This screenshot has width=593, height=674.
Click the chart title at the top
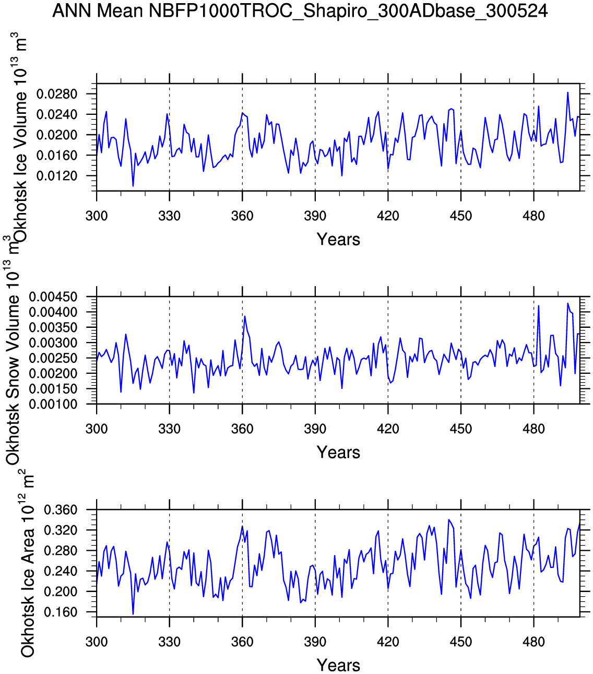pyautogui.click(x=300, y=11)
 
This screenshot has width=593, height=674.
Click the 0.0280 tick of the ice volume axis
pyautogui.click(x=57, y=94)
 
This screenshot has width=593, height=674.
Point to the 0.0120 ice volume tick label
pyautogui.click(x=57, y=176)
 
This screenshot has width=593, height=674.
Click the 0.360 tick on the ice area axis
pyautogui.click(x=61, y=510)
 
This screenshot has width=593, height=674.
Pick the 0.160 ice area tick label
pyautogui.click(x=61, y=612)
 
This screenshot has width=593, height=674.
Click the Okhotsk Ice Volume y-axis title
pyautogui.click(x=20, y=138)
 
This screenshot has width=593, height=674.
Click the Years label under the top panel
pyautogui.click(x=338, y=240)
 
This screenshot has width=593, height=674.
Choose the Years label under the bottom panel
pyautogui.click(x=338, y=666)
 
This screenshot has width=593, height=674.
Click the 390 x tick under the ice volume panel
pyautogui.click(x=315, y=216)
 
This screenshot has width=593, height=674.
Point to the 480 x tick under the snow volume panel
pyautogui.click(x=533, y=429)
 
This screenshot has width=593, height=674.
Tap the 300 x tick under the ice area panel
pyautogui.click(x=97, y=642)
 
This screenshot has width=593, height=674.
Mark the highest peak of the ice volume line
pyautogui.click(x=567, y=92)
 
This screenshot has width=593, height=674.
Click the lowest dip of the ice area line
pyautogui.click(x=133, y=614)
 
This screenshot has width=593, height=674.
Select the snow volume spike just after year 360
pyautogui.click(x=245, y=316)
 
